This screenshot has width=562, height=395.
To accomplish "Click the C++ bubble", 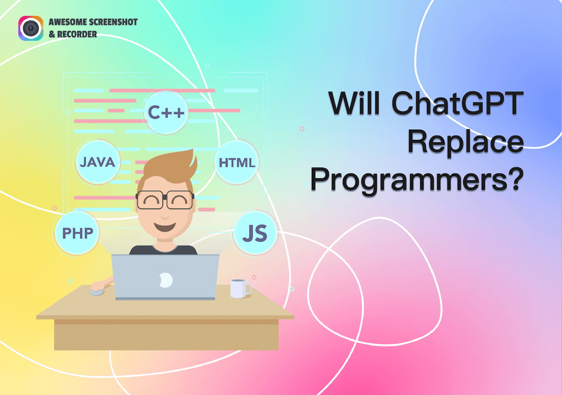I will (166, 112).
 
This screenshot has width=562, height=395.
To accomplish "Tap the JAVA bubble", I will (97, 162).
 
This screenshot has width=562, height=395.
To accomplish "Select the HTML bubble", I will (237, 163).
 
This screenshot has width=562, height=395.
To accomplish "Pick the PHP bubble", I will (77, 233).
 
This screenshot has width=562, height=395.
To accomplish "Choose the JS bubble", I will (255, 233).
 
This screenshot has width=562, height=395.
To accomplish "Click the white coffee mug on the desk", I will (239, 288).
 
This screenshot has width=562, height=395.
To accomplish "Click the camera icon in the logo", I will (31, 29).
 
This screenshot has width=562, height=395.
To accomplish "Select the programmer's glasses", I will (165, 200).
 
